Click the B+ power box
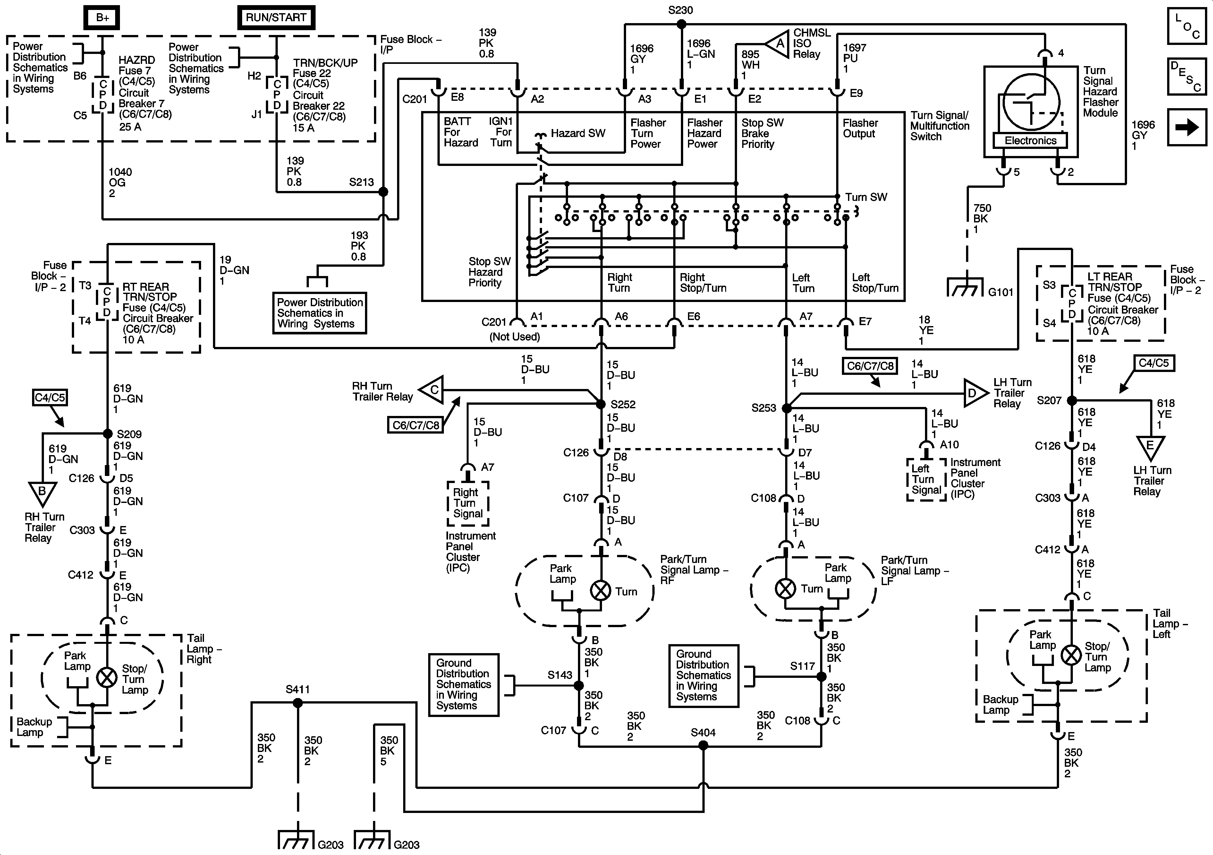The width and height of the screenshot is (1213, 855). [x=102, y=17]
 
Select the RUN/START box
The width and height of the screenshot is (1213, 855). [x=276, y=17]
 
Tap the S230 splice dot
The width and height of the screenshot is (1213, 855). [x=682, y=24]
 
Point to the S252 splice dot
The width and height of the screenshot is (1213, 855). [x=601, y=404]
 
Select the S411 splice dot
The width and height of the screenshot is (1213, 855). [x=297, y=703]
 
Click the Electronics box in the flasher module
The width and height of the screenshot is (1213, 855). [x=1030, y=141]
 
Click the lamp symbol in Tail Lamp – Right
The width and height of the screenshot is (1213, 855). [x=107, y=677]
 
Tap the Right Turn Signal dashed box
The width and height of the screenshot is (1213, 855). [x=468, y=503]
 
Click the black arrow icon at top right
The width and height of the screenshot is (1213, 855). [x=1187, y=127]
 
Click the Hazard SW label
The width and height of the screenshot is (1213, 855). [x=578, y=133]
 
